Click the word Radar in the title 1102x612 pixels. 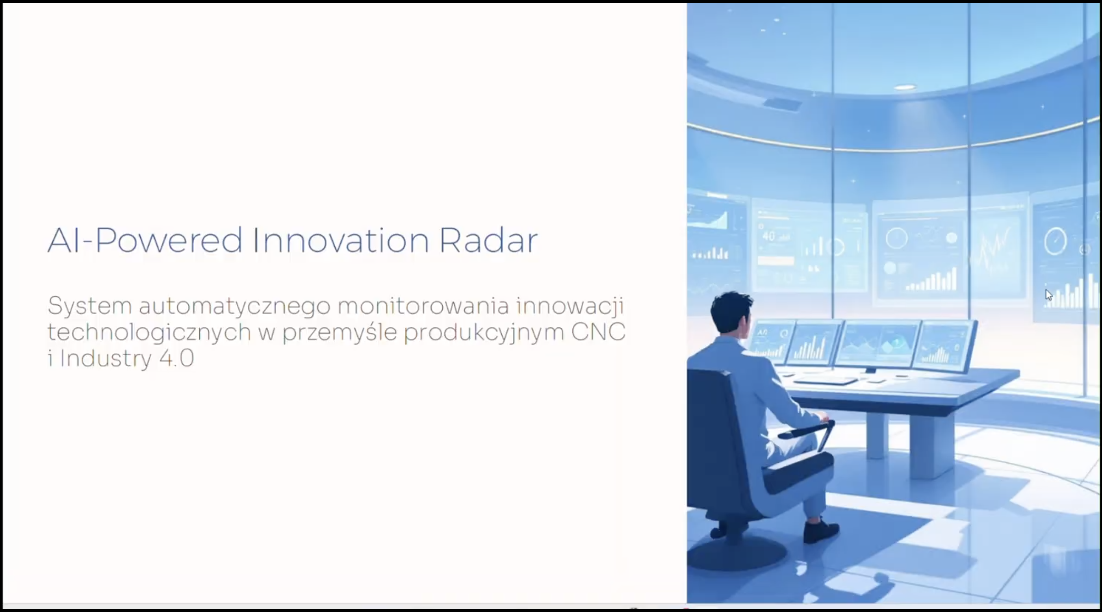click(488, 240)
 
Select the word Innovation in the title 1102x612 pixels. click(341, 240)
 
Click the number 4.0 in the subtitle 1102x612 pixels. click(177, 358)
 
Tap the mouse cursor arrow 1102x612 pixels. click(1048, 295)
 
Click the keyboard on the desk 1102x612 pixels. click(825, 380)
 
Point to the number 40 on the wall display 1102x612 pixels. click(769, 236)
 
